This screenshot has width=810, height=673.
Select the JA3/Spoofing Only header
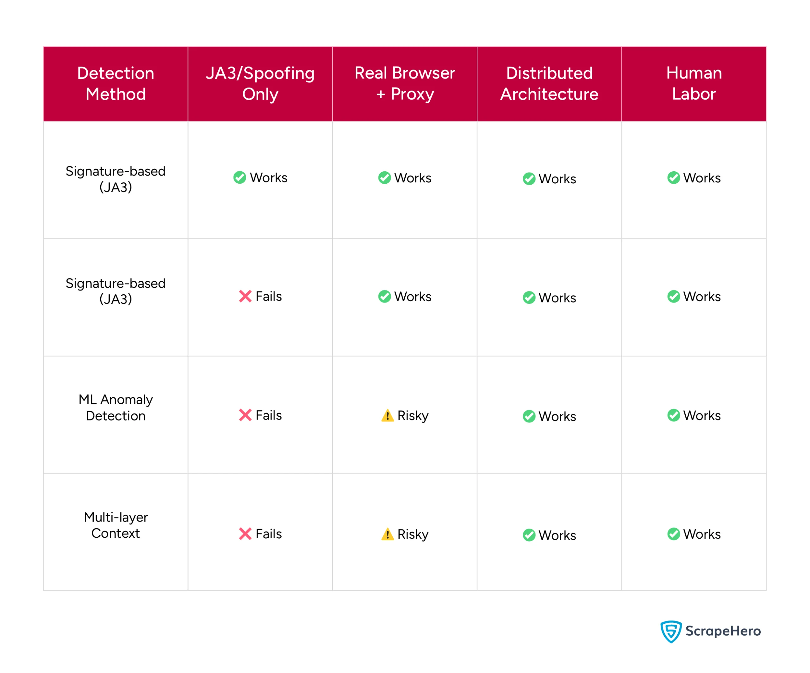point(260,84)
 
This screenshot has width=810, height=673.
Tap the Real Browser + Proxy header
point(405,84)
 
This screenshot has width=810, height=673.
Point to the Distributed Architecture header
point(549,84)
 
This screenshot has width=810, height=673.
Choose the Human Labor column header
point(694,84)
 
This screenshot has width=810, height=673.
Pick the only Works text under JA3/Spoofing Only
point(268,178)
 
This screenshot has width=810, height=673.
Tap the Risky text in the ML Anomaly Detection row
point(413,415)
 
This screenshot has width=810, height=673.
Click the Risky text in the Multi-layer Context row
point(413,534)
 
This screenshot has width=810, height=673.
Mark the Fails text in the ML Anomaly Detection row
point(268,415)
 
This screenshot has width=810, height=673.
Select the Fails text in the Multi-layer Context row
point(268,534)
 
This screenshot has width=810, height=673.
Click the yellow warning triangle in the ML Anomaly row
point(387,415)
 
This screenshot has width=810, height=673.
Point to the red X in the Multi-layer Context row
point(245,534)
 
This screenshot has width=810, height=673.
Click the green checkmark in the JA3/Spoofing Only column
point(240,178)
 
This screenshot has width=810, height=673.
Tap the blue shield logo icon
point(671,631)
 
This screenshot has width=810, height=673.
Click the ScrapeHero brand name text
point(723,631)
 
